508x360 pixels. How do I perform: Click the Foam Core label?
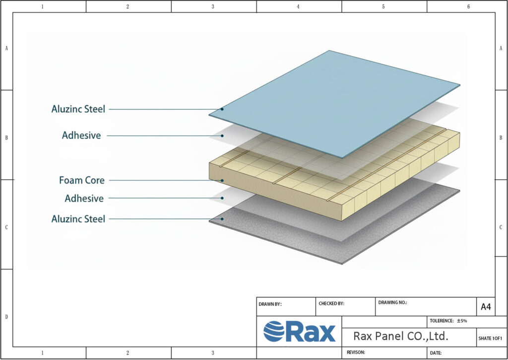click(x=82, y=180)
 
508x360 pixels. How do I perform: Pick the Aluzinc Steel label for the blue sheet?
click(x=78, y=109)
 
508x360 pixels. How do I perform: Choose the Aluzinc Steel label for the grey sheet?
click(x=78, y=218)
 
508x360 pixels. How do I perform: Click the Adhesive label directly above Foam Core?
click(x=81, y=135)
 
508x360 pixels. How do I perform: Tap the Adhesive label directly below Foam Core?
click(x=84, y=199)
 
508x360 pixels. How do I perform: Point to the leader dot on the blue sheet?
click(x=222, y=109)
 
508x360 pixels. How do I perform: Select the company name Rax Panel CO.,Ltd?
click(x=401, y=336)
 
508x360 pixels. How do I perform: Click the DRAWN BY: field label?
click(x=270, y=304)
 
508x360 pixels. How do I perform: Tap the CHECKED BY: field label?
click(x=331, y=303)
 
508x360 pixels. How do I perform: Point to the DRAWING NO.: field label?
click(x=392, y=302)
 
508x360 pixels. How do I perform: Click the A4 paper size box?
click(x=486, y=307)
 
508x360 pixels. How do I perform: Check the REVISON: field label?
click(x=354, y=353)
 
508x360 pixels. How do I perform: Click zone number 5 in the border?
click(x=383, y=6)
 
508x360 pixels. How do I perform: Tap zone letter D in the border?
click(x=6, y=316)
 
